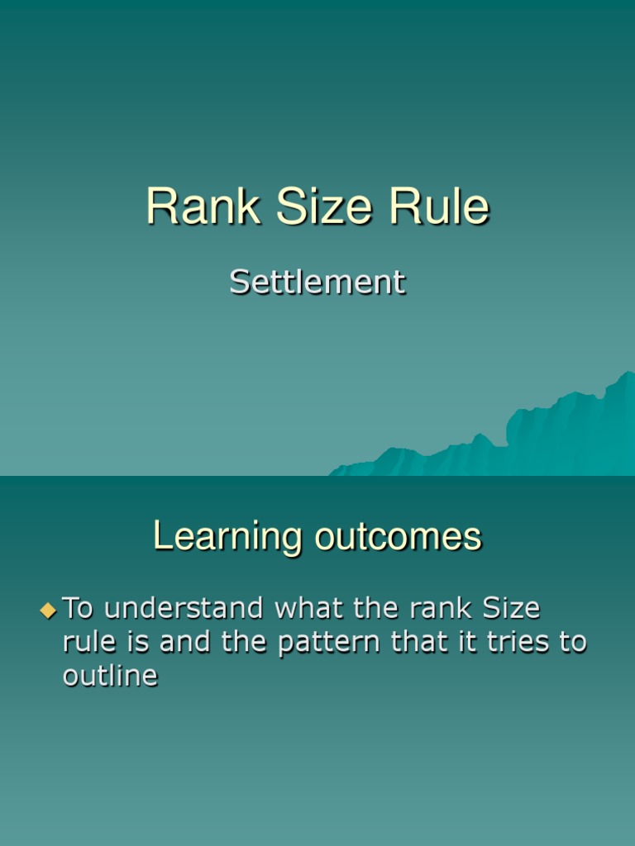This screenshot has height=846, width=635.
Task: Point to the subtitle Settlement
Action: coord(317,283)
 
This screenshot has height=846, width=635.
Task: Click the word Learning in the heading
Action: coord(227,538)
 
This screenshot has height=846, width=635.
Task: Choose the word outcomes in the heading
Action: coord(397,538)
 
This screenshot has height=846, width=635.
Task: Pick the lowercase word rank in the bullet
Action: coord(439,609)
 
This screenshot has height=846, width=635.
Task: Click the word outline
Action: coord(110,676)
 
